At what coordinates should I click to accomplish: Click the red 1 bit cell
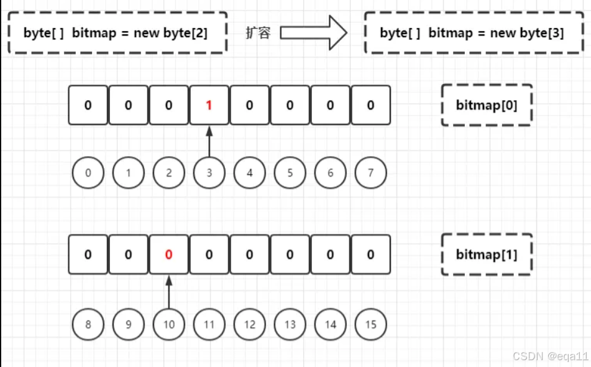[x=209, y=105]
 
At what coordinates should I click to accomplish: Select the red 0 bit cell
[x=168, y=254]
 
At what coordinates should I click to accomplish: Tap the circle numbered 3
[x=209, y=173]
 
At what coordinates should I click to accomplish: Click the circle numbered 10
[x=168, y=324]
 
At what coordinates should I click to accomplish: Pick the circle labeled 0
[x=88, y=173]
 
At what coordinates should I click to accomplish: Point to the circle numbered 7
[x=370, y=173]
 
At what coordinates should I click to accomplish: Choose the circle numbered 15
[x=370, y=324]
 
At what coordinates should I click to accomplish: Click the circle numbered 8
[x=88, y=324]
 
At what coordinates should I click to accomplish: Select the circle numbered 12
[x=249, y=324]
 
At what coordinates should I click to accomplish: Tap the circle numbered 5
[x=290, y=173]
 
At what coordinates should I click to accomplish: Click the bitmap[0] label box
[x=487, y=105]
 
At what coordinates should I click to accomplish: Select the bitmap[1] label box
[x=487, y=254]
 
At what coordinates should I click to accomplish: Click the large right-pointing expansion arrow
[x=313, y=33]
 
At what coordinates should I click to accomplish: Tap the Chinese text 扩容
[x=258, y=33]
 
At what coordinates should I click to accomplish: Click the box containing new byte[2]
[x=116, y=33]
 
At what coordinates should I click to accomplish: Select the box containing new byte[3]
[x=472, y=33]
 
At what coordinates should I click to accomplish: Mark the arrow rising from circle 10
[x=168, y=291]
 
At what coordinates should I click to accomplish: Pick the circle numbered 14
[x=330, y=324]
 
